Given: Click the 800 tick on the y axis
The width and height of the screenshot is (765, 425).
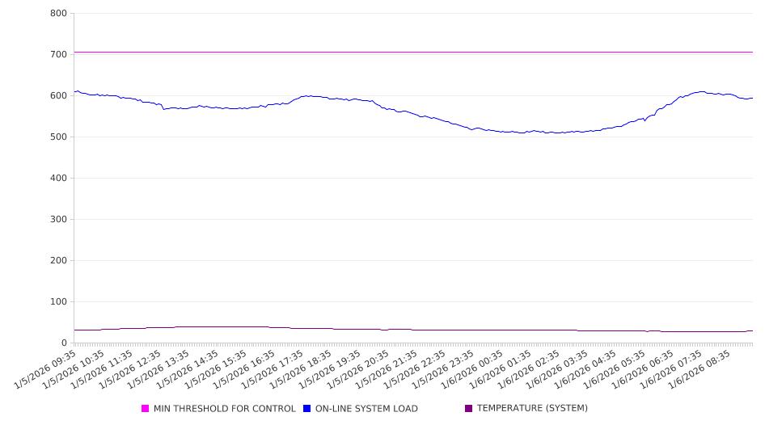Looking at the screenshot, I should (x=58, y=13).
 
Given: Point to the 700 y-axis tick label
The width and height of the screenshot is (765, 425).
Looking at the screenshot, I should (x=58, y=54).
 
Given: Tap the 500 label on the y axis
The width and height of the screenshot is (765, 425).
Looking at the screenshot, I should (x=58, y=137).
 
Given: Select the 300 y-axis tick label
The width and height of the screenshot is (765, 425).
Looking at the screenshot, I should (x=58, y=219).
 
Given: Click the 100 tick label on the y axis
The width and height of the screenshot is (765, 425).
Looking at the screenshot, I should (x=58, y=301).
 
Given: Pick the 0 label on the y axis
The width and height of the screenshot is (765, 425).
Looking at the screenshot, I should (x=63, y=343).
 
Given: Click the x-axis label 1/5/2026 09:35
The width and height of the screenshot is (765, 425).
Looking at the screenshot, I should (x=46, y=370).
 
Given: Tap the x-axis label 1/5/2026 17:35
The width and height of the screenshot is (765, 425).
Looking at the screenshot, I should (x=273, y=370).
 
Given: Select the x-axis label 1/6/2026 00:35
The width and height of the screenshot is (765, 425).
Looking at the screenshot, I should (x=471, y=370).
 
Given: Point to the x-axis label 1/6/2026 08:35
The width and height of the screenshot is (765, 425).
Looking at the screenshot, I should (x=697, y=370).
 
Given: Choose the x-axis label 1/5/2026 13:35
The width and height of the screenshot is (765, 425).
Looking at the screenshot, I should (x=159, y=370).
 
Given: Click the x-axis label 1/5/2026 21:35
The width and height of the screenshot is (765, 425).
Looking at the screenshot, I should (x=386, y=370).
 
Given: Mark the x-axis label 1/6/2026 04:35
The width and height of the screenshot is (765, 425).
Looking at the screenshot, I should (x=584, y=370).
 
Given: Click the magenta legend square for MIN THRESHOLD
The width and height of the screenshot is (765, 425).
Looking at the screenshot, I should (x=146, y=409).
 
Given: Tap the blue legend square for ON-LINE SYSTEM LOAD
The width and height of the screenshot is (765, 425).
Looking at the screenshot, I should (x=307, y=409).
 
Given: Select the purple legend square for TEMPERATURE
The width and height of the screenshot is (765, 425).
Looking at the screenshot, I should (x=469, y=409).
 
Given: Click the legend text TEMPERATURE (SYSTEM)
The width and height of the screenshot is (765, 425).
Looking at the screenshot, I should (x=532, y=409).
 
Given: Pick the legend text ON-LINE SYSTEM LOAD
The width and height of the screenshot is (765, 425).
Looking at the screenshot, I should (x=366, y=409).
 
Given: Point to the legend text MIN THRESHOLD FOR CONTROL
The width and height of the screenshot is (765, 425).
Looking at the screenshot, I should (x=225, y=409).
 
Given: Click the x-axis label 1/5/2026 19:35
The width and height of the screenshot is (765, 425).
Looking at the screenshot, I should (x=329, y=370).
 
